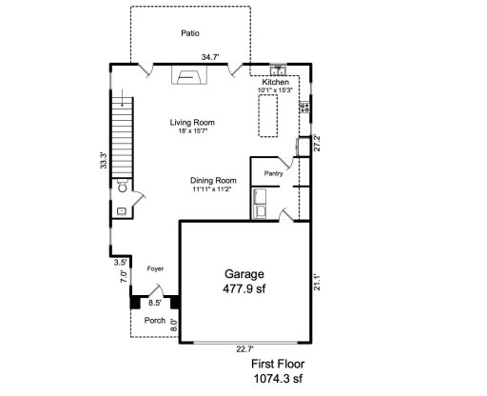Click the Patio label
(x=190, y=33)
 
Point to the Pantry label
(x=273, y=174)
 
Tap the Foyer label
(x=155, y=270)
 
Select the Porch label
(x=154, y=321)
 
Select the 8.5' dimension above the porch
(x=154, y=303)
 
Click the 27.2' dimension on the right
(x=318, y=142)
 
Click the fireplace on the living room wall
(x=186, y=75)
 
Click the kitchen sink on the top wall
(x=279, y=70)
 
